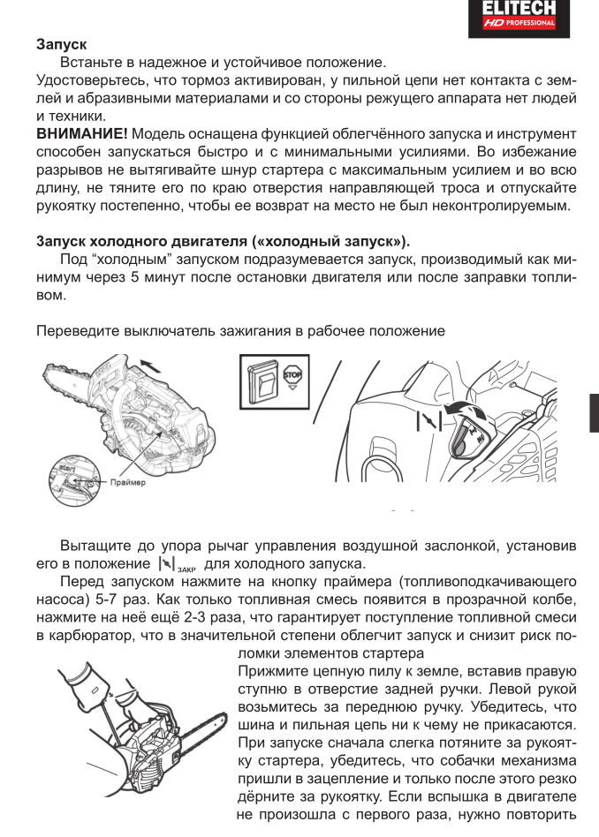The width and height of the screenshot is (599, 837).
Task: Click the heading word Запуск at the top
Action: (67, 43)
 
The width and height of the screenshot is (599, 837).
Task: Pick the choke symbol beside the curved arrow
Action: (428, 418)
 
